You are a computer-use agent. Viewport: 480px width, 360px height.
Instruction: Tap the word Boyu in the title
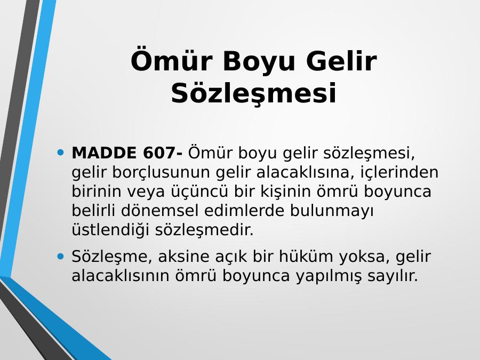[259, 62]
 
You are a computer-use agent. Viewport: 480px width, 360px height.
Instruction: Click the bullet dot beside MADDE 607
[61, 152]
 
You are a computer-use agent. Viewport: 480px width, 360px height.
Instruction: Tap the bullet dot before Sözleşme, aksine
[61, 256]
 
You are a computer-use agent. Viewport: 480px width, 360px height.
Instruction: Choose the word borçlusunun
[161, 173]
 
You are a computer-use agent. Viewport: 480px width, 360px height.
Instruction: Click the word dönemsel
[160, 211]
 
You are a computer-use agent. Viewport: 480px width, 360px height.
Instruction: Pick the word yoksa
[364, 257]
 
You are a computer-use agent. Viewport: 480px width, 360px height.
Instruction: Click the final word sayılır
[393, 276]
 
